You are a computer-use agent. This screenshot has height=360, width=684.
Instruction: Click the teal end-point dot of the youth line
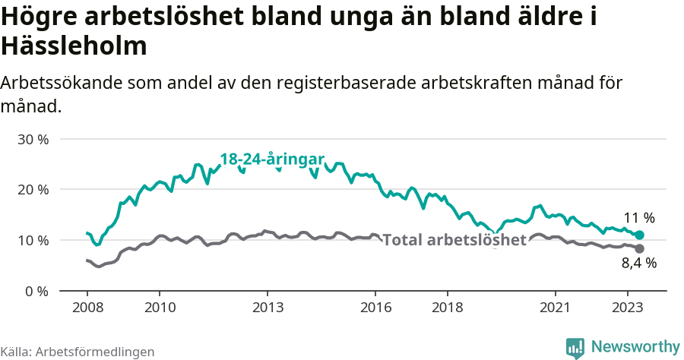[639, 235]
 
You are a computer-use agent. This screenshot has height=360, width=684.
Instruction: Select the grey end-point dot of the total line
[639, 249]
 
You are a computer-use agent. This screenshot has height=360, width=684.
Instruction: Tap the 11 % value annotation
[639, 217]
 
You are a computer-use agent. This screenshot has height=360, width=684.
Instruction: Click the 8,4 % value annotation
[639, 264]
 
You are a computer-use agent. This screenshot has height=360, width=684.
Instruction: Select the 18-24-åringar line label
[272, 159]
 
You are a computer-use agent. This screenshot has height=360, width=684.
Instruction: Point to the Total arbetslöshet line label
[454, 240]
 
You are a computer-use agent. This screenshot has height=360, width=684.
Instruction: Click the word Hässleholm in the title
[74, 46]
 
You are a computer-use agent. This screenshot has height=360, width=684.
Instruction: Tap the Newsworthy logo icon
[575, 347]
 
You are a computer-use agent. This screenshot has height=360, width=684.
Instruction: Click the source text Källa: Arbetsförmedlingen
[78, 352]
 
